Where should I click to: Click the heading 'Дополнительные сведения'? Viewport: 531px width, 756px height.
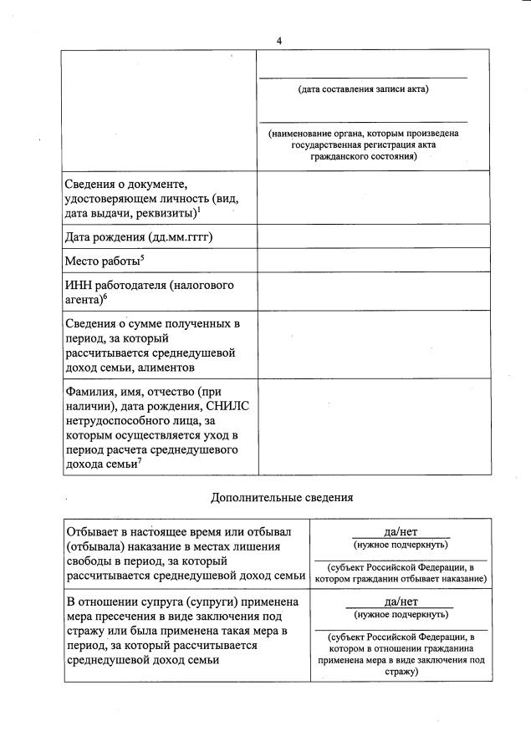[282, 498]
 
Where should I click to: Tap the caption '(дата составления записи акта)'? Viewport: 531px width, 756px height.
[363, 89]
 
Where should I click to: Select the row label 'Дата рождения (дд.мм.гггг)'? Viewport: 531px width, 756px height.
[138, 237]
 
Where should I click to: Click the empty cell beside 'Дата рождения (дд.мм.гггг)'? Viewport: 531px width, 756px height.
[373, 237]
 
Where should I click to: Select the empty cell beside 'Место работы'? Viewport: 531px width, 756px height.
[373, 261]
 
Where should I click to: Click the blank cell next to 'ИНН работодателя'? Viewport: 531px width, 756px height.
[373, 292]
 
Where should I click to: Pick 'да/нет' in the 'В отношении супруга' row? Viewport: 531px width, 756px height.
[401, 601]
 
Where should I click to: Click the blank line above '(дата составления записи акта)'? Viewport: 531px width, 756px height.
[363, 77]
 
